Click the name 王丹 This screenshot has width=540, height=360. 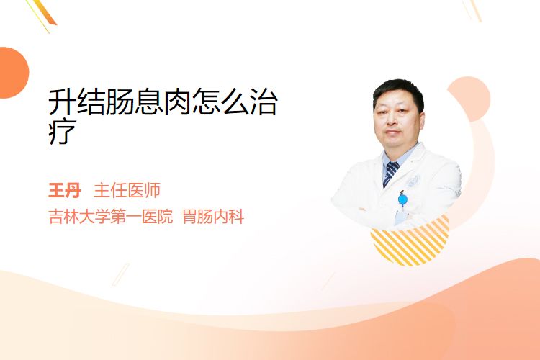click(64, 191)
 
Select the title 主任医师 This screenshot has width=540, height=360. click(127, 191)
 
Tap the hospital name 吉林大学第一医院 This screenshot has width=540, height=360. click(111, 217)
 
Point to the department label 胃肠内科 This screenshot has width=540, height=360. click(214, 217)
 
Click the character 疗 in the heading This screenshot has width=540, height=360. click(62, 132)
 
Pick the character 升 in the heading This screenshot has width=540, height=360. click(62, 102)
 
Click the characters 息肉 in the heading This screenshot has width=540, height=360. click(163, 102)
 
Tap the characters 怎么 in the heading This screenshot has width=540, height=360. click(220, 102)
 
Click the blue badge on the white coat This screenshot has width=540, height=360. click(402, 199)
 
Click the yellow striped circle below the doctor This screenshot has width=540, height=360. click(410, 242)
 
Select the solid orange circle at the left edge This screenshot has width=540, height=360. click(13, 73)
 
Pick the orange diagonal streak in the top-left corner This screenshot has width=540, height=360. click(45, 12)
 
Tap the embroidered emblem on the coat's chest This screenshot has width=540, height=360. click(413, 181)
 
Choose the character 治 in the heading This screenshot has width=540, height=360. click(264, 102)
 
